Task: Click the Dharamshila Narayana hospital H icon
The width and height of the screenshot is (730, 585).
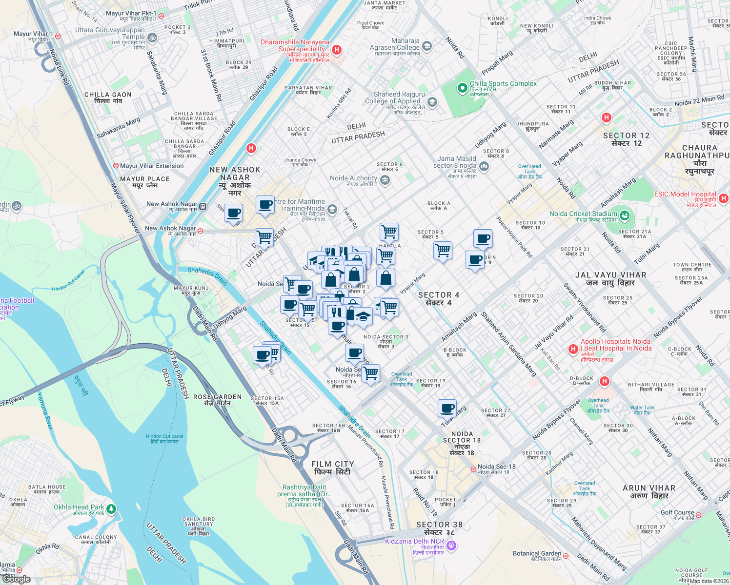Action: pos(336,50)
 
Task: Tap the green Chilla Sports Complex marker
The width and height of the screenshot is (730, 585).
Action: pos(462,88)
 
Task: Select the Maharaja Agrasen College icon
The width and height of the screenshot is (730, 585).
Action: pos(427,46)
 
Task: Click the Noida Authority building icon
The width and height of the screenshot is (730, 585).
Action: pos(385,181)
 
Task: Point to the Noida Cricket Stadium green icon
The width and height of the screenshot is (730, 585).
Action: pos(624,214)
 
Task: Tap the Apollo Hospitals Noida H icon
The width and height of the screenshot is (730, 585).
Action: pos(574,349)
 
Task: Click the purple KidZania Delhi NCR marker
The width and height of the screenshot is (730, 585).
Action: pos(451,546)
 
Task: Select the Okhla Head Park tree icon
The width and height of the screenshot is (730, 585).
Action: pos(111,509)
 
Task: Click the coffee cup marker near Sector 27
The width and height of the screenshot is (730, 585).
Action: pos(447,408)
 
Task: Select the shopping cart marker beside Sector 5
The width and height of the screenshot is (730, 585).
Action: pos(443,251)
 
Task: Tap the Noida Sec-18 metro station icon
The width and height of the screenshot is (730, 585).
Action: pos(473,469)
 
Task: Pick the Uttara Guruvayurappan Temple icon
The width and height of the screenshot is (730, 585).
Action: pos(152,38)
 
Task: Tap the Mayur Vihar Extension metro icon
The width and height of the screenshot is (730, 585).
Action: pos(116,166)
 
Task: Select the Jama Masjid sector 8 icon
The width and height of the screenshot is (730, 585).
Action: pos(484,166)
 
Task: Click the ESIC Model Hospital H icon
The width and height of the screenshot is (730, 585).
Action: pos(723,198)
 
